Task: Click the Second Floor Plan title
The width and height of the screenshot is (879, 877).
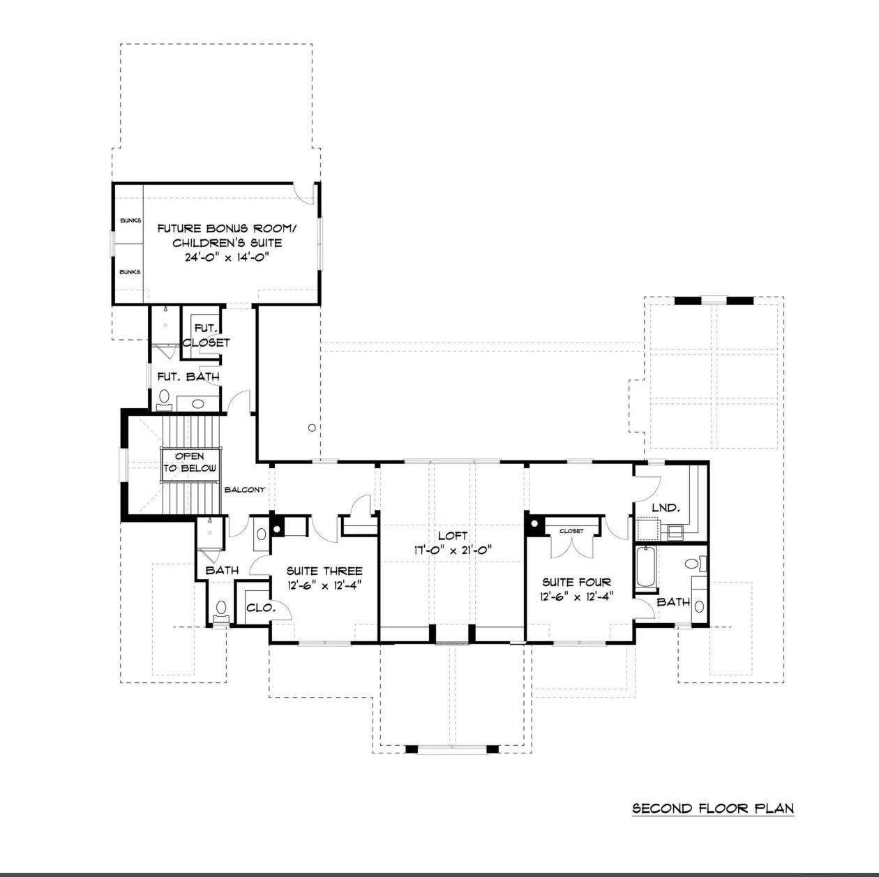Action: click(x=712, y=808)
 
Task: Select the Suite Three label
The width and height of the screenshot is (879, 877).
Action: click(x=324, y=571)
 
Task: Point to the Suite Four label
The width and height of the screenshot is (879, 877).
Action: click(x=576, y=582)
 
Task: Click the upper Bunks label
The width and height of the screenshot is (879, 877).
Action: click(x=130, y=220)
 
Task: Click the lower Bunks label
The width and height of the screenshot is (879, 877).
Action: click(x=130, y=271)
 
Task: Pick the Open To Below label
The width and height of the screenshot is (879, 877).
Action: click(x=190, y=462)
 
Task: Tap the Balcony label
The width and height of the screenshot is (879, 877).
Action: click(x=245, y=490)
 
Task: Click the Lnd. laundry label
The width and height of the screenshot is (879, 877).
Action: click(x=666, y=507)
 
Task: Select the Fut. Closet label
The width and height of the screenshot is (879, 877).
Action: click(x=206, y=335)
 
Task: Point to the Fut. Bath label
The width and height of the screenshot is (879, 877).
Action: click(x=188, y=377)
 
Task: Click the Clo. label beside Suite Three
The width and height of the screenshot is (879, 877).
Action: click(x=261, y=607)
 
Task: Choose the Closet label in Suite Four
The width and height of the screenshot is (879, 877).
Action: click(x=571, y=531)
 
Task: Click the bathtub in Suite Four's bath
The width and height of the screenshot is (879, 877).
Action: click(x=645, y=567)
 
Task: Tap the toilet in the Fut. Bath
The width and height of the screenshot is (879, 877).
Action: click(x=164, y=398)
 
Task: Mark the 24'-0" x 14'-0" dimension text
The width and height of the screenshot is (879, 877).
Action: click(x=225, y=257)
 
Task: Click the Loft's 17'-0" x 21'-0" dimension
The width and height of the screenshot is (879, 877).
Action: click(x=453, y=550)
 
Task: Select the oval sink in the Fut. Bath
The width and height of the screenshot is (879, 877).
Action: click(x=198, y=403)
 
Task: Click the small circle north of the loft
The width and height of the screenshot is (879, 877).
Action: click(x=312, y=428)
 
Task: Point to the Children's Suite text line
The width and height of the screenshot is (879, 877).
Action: click(x=227, y=242)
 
